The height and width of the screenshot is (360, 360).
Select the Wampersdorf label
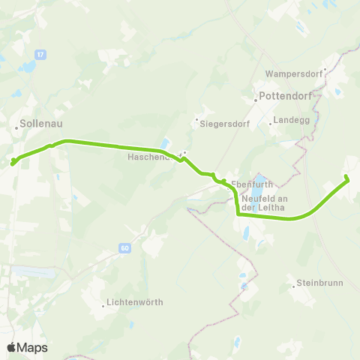(x=292, y=74)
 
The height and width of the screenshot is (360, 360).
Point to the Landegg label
(x=291, y=119)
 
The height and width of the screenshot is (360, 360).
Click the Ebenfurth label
(x=250, y=182)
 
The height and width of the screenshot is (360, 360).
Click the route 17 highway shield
(x=40, y=54)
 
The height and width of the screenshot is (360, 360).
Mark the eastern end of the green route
(x=346, y=177)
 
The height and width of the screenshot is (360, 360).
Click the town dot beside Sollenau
(x=16, y=128)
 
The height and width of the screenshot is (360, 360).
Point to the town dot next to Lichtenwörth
(x=103, y=305)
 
